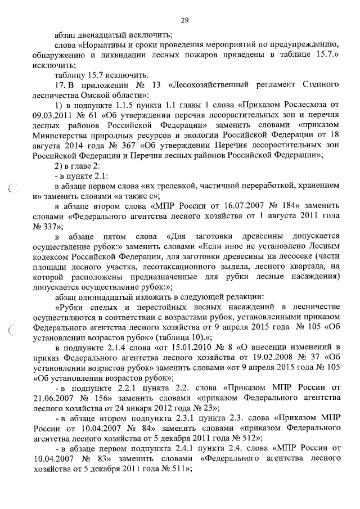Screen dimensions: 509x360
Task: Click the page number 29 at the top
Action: click(184, 21)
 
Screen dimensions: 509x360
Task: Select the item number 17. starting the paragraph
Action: click(60, 84)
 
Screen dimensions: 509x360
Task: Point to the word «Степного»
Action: click(320, 84)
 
